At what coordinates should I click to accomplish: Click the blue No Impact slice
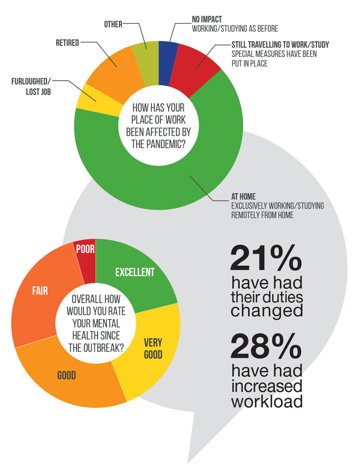168,50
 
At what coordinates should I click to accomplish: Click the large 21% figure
266,259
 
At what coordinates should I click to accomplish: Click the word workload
266,401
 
